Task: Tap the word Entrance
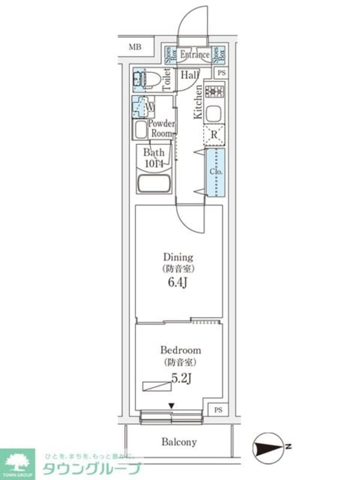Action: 194,55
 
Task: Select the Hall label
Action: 190,75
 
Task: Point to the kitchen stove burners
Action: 214,92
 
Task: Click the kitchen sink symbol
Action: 214,113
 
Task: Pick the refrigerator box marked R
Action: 214,134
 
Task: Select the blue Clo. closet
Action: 215,172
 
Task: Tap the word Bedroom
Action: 181,350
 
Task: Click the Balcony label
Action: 179,442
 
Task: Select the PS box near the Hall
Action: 222,73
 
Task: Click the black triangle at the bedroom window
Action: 172,406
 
